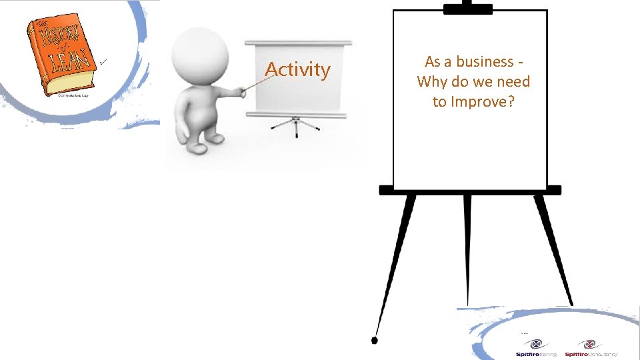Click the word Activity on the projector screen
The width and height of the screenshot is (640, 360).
click(x=297, y=69)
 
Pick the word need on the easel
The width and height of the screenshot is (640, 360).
click(x=513, y=82)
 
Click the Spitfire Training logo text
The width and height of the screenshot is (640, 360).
click(x=536, y=354)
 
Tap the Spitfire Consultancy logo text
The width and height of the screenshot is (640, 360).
click(x=591, y=354)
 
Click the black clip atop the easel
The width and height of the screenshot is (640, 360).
click(x=468, y=8)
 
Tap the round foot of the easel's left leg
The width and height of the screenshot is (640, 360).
click(x=375, y=341)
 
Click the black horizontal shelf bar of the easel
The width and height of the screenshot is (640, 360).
click(x=470, y=190)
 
